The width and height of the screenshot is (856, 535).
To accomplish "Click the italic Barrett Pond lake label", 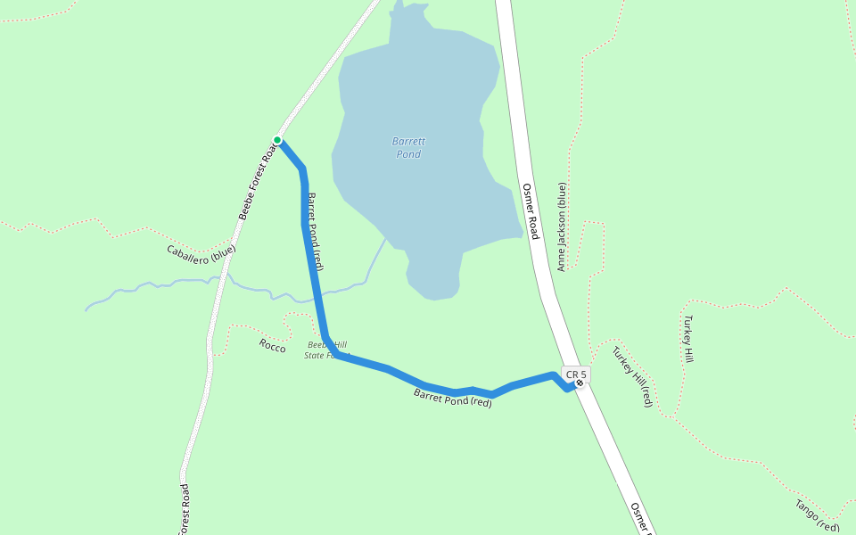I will [408, 148].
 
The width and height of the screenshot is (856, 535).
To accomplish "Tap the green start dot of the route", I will [277, 140].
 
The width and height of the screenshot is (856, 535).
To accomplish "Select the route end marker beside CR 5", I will [580, 383].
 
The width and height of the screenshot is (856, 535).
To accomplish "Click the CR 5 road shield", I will [576, 374].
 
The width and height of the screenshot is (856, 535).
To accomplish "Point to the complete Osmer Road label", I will [531, 211].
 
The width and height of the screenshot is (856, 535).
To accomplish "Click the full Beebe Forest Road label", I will [259, 178].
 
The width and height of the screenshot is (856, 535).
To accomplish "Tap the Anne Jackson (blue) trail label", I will [562, 226].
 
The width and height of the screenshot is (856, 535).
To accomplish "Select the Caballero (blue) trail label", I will [202, 252].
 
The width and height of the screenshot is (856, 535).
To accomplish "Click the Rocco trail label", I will [273, 346].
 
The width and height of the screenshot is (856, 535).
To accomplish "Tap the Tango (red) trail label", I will [817, 515].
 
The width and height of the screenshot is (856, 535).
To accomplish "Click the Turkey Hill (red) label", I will [632, 376].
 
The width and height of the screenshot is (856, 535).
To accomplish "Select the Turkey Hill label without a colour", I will [687, 338].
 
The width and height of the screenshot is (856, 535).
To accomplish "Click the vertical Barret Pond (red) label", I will [315, 231].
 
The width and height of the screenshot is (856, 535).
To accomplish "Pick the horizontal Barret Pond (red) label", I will [453, 398].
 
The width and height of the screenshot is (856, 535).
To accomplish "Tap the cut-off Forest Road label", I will [185, 510].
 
